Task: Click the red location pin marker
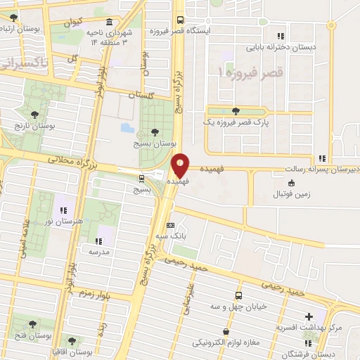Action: pos(181,165)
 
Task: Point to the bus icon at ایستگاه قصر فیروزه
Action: pos(180,20)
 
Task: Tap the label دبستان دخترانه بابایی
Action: pos(281,49)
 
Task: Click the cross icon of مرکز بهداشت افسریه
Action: pos(309,317)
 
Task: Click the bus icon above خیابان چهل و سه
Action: pos(238,295)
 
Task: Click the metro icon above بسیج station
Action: pos(143,178)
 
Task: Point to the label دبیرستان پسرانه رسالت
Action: pos(321,169)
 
